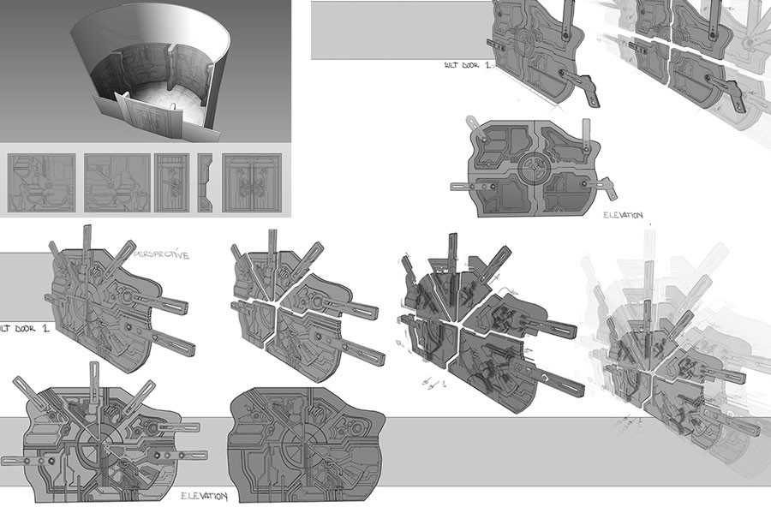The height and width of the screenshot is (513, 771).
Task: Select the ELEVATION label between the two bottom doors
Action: (x=204, y=496)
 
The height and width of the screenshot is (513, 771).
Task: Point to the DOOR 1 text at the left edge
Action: (x=21, y=328)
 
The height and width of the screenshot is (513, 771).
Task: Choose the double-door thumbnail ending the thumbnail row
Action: (x=252, y=183)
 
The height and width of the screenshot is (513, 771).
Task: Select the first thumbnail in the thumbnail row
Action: (x=42, y=183)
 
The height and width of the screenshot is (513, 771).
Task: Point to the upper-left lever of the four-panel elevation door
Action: (x=481, y=133)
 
